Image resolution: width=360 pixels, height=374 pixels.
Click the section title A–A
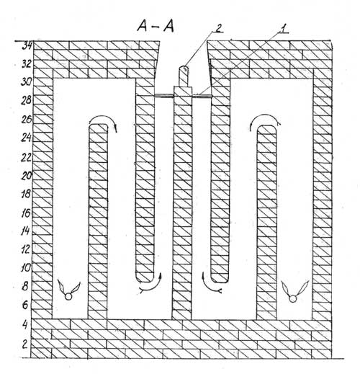point(156,26)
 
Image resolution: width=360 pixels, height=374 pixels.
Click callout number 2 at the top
point(218,28)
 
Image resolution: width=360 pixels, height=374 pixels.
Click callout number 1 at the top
point(283,29)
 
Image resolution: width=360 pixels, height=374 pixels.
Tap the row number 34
point(27,45)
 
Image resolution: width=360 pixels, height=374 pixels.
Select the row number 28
point(26,100)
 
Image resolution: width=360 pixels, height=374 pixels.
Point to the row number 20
point(26,176)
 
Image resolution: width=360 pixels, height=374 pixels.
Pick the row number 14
point(25,231)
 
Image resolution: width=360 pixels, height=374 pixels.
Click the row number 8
point(25,287)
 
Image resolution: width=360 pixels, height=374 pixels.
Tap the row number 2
point(25,344)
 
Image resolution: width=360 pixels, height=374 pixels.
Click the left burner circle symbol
point(68,297)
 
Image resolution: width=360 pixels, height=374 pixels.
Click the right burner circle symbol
point(292,299)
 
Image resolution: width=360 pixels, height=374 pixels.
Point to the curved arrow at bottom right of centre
point(210,288)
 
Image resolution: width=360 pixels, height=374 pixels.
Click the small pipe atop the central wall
point(184,76)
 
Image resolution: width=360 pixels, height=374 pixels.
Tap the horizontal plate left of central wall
point(164,96)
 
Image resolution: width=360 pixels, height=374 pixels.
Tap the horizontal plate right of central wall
point(202,96)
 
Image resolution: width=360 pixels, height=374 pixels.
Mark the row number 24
point(26,138)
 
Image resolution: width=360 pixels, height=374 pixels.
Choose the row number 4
point(25,325)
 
